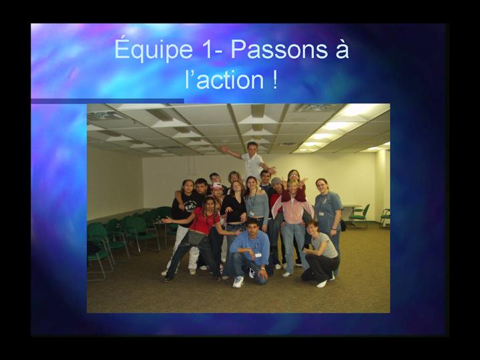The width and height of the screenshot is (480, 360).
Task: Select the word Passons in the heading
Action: point(279,49)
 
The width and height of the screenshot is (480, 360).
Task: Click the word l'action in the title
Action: point(224,79)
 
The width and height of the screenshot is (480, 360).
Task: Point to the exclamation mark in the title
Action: point(274,79)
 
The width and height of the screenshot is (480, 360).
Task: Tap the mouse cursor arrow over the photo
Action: point(252,273)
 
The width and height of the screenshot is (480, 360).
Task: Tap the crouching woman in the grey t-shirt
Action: point(320,254)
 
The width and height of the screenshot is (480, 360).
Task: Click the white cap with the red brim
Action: point(216,186)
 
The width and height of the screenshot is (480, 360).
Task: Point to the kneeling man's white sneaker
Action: point(238,282)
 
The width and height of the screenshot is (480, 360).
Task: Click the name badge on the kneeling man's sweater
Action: point(258,255)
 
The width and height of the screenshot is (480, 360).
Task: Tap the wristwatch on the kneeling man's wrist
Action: point(262,268)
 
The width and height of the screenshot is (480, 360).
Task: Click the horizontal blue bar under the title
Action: point(107,101)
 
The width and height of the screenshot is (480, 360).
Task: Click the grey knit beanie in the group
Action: point(276,181)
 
